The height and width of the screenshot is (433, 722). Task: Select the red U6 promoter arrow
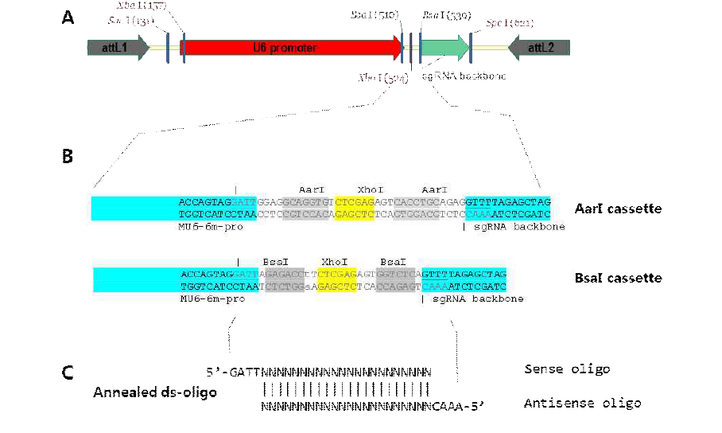[x=293, y=49]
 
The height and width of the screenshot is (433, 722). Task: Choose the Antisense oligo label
[x=582, y=404]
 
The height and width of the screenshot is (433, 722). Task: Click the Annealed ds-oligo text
[x=155, y=392]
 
